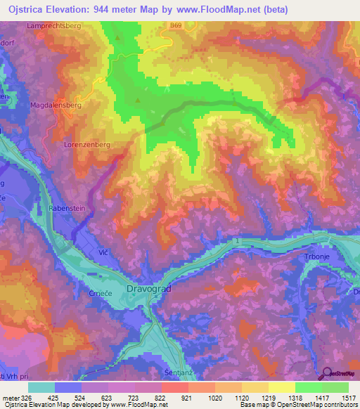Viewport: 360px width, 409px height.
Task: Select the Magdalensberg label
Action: (x=57, y=105)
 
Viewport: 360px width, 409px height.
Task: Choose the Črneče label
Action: (x=101, y=294)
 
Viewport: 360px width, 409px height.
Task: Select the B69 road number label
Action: (x=176, y=25)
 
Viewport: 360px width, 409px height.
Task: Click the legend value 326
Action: (x=27, y=397)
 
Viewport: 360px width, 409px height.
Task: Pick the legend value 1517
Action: (x=348, y=397)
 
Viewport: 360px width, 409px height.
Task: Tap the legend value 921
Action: (x=187, y=397)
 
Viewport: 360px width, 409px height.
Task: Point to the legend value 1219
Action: (x=268, y=397)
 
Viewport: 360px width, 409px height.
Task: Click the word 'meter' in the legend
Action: (x=10, y=397)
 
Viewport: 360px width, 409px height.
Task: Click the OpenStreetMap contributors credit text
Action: (x=316, y=405)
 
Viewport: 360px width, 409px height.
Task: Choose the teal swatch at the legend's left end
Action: (x=41, y=387)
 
